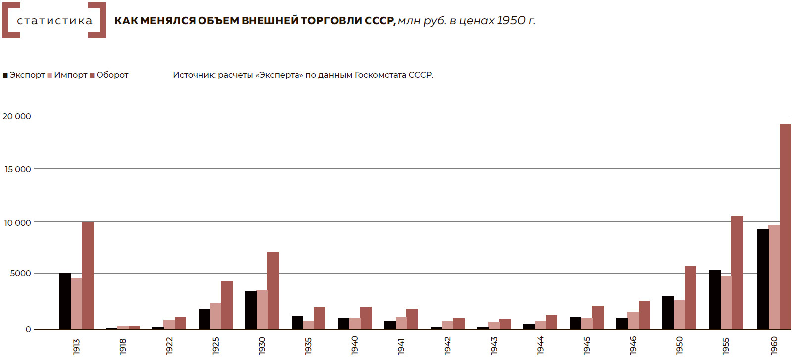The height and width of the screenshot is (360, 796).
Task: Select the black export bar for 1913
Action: [x=65, y=301]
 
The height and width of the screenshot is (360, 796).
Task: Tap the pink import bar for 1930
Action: [x=262, y=309]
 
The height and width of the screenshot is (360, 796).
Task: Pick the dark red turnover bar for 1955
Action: [x=737, y=272]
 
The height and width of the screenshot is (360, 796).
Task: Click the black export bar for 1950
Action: [x=668, y=312]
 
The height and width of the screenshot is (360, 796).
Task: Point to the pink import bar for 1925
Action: [x=215, y=316]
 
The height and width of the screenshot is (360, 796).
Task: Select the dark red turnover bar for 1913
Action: [x=88, y=275]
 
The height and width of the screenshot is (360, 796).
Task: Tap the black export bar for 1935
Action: [x=297, y=322]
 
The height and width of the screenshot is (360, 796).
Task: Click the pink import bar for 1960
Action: [x=774, y=277]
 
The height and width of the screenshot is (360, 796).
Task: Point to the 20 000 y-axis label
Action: [x=17, y=116]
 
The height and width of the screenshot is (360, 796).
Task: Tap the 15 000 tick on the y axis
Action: [x=18, y=169]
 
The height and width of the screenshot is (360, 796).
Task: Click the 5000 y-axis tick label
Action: [x=20, y=274]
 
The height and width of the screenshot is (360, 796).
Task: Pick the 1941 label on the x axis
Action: [x=401, y=346]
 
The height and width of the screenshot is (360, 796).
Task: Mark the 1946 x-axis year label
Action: [x=633, y=345]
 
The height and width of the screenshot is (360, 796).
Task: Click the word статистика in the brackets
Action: [x=54, y=21]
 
